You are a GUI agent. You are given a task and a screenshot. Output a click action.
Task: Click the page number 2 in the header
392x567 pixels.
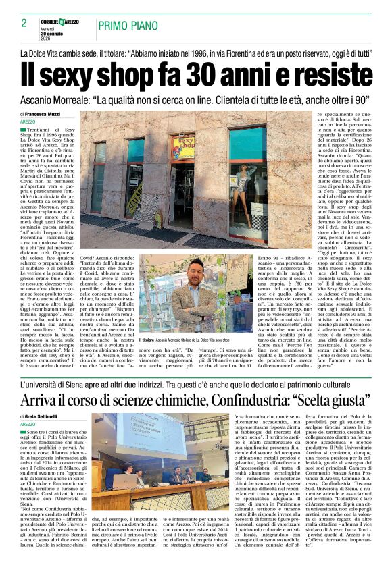tap(24, 23)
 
